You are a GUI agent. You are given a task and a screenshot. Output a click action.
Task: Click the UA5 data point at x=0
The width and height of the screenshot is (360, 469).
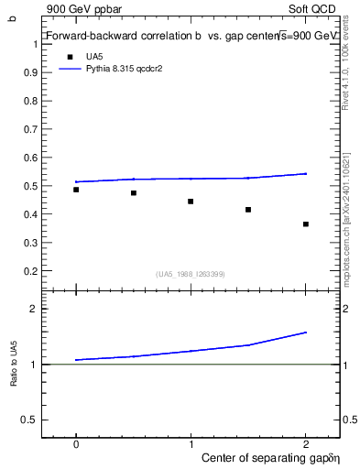[76, 190]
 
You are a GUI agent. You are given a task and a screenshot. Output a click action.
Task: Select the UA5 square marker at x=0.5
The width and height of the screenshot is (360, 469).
[134, 193]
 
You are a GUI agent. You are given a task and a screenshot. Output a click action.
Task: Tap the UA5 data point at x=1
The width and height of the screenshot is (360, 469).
[191, 202]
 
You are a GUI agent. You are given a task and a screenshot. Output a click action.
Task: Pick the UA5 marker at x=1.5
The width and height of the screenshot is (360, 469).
[248, 210]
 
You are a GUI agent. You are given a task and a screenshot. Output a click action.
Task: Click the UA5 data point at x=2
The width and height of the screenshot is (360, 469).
[306, 224]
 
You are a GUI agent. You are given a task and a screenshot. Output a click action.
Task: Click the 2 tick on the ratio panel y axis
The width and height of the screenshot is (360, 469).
[34, 310]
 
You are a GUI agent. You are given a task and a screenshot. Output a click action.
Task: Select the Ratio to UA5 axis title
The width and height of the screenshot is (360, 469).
[13, 365]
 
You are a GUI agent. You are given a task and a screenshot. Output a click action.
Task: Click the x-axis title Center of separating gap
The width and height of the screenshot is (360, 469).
[257, 457]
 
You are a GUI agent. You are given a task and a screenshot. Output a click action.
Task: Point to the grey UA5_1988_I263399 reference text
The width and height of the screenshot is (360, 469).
[191, 274]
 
